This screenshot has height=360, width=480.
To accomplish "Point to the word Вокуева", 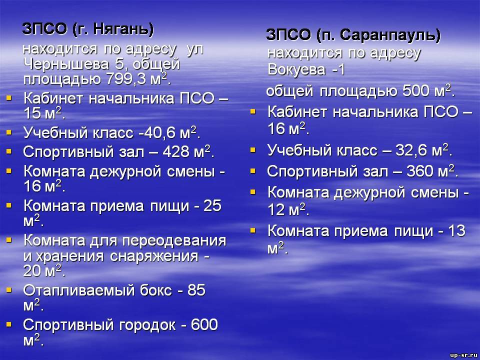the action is tap(296, 69).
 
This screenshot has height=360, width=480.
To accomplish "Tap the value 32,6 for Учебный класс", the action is tap(412, 150).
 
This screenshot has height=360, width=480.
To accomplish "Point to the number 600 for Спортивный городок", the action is tap(204, 325).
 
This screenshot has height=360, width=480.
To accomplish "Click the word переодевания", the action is tap(174, 241).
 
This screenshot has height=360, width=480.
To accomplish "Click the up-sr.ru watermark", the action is tap(464, 355).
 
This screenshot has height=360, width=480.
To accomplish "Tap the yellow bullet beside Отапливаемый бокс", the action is tap(9, 289).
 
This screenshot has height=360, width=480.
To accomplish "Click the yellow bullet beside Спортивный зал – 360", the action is tap(252, 170).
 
